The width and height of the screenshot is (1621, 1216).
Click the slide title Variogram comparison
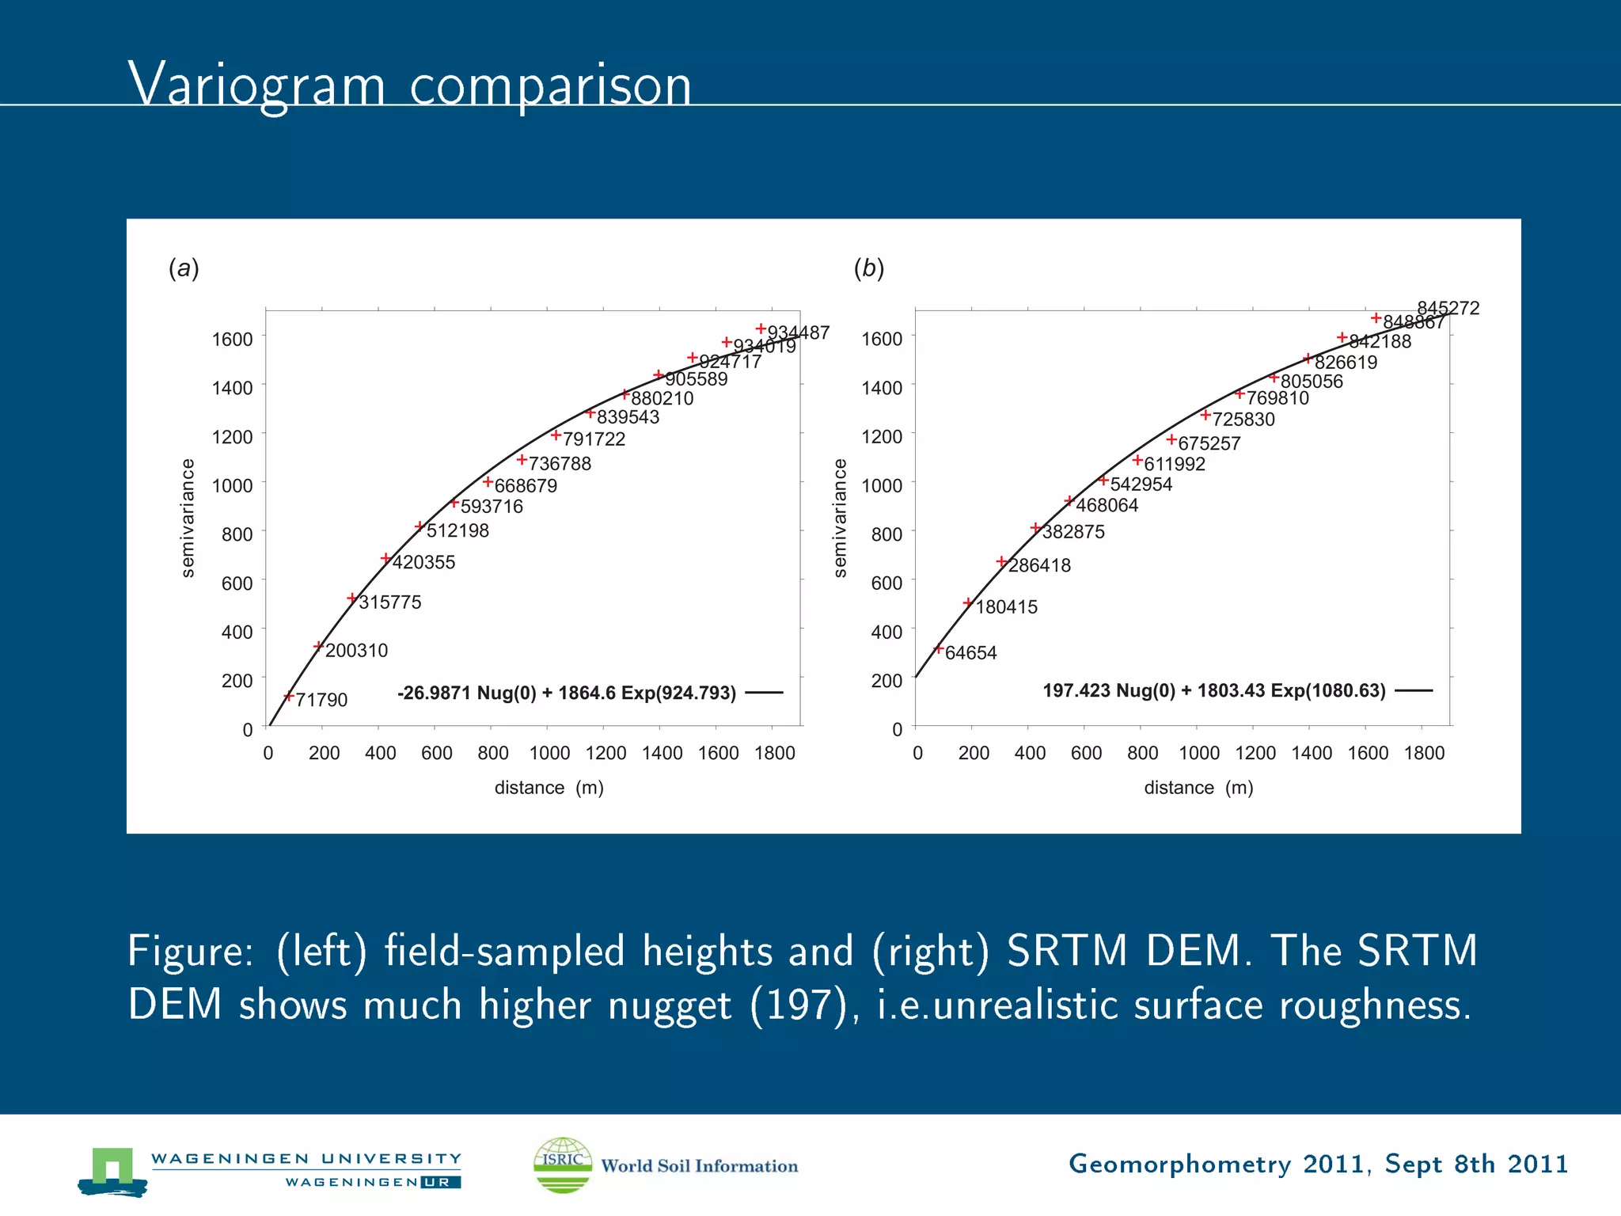click(409, 85)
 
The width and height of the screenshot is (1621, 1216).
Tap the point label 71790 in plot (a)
click(321, 700)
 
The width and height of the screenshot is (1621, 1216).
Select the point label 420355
click(423, 562)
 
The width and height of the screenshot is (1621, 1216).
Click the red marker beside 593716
click(454, 503)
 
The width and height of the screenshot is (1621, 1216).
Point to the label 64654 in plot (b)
click(970, 653)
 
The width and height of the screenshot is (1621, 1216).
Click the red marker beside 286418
click(1001, 561)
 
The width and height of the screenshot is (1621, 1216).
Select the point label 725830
click(1243, 420)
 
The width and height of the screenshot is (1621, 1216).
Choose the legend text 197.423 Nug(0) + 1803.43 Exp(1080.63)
click(1213, 690)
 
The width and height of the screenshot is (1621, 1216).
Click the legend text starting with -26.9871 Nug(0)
click(566, 693)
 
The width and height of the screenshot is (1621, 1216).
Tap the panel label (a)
click(184, 268)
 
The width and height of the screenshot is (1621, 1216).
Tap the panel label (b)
click(868, 268)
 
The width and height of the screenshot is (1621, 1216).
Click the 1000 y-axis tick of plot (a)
click(232, 485)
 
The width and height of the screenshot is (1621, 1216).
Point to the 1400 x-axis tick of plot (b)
click(1311, 753)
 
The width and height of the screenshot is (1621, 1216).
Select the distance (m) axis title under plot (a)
click(549, 788)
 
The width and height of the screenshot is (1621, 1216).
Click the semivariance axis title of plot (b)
click(840, 518)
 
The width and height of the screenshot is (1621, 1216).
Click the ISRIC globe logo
click(563, 1165)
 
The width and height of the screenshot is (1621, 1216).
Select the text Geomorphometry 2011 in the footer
click(1217, 1164)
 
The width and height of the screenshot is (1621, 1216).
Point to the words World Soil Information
click(699, 1166)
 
